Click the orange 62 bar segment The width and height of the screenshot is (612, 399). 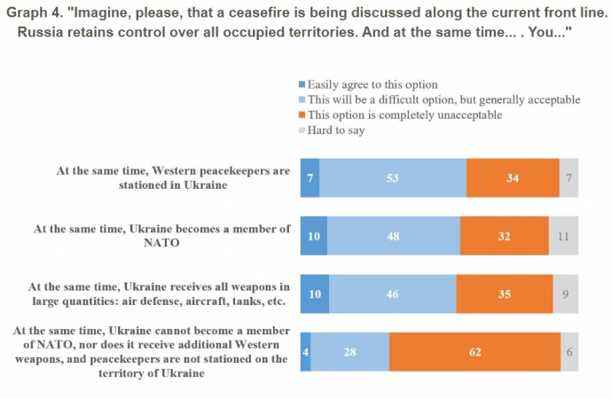pyautogui.click(x=475, y=351)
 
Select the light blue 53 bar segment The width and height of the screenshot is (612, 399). pyautogui.click(x=393, y=177)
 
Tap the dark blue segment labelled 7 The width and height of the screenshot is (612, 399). pyautogui.click(x=310, y=177)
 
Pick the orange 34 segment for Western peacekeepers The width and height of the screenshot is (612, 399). pyautogui.click(x=513, y=177)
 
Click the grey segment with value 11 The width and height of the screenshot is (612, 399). pyautogui.click(x=563, y=236)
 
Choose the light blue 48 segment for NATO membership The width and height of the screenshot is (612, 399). pyautogui.click(x=393, y=236)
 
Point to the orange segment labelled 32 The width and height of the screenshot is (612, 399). pyautogui.click(x=504, y=236)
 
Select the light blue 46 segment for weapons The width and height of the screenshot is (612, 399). pyautogui.click(x=391, y=293)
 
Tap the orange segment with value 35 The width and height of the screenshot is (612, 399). pyautogui.click(x=504, y=293)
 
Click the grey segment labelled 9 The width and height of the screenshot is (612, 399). pyautogui.click(x=565, y=293)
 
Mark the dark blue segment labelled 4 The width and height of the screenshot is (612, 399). pyautogui.click(x=305, y=351)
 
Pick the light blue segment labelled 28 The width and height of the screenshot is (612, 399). pyautogui.click(x=349, y=351)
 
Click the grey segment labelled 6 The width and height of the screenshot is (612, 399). pyautogui.click(x=569, y=351)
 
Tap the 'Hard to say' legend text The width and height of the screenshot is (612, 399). pyautogui.click(x=336, y=130)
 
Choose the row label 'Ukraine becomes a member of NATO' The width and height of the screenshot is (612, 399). pyautogui.click(x=162, y=236)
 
